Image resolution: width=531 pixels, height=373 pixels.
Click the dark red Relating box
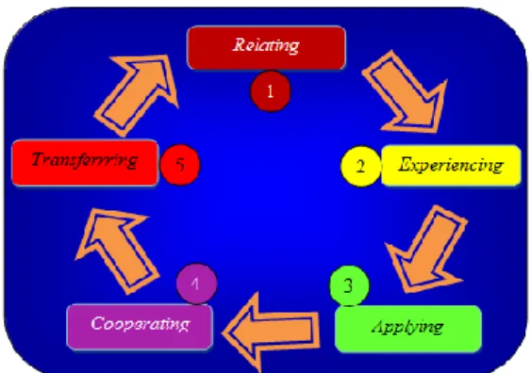(x=266, y=48)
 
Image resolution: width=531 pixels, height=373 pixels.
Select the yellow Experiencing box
(x=451, y=166)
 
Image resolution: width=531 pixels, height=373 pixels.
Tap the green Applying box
(x=408, y=329)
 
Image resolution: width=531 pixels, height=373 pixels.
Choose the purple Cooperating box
(x=140, y=326)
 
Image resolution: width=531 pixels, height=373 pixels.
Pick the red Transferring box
(x=85, y=163)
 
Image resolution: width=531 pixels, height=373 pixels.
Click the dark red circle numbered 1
(x=271, y=91)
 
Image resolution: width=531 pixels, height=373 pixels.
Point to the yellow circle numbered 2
(x=360, y=166)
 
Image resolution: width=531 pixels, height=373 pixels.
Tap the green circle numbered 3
(x=349, y=285)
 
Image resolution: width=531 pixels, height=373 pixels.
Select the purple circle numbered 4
(x=196, y=284)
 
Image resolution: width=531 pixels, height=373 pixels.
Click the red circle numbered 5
(x=180, y=165)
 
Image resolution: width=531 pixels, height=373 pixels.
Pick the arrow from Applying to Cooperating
(x=271, y=332)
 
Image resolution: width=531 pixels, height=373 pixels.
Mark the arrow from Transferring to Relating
(x=137, y=95)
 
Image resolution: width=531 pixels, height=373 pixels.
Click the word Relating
(x=266, y=45)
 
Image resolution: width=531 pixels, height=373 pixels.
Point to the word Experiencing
(x=451, y=165)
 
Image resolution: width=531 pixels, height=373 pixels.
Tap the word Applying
(x=407, y=327)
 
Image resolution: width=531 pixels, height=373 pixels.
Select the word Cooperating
(x=140, y=324)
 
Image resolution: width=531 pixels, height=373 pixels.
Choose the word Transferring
(x=85, y=159)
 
